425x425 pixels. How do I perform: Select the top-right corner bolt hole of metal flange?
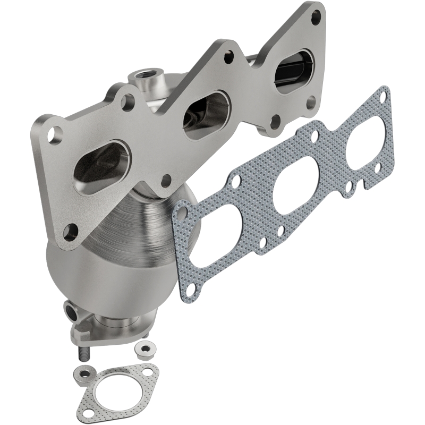pos(317,16)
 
